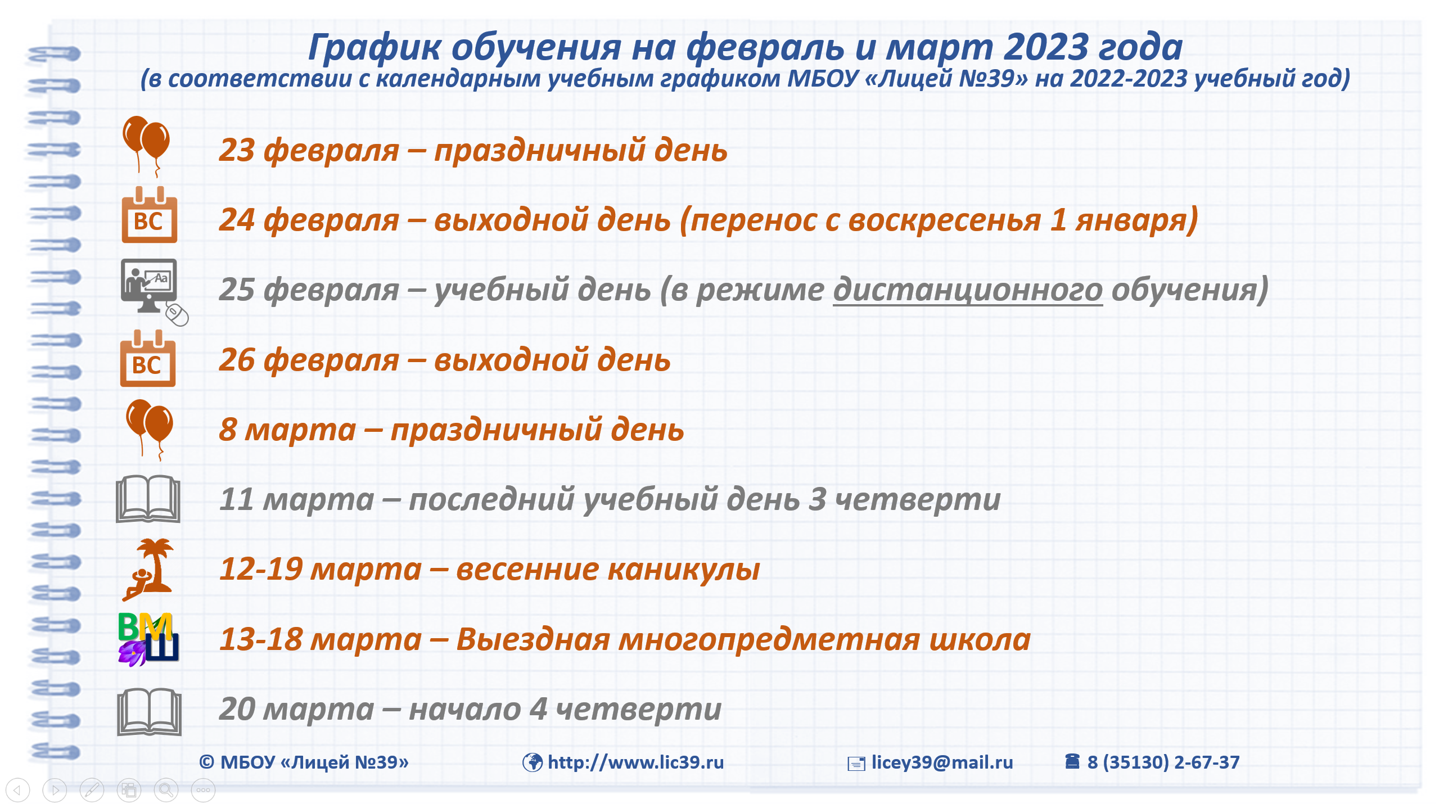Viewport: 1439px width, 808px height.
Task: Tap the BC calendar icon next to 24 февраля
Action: click(150, 215)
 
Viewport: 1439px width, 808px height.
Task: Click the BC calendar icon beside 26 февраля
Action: click(148, 358)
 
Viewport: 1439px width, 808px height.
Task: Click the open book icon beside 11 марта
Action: click(148, 499)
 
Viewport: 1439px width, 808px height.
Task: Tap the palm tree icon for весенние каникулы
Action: click(148, 570)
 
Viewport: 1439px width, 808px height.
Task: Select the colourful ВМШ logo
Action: click(148, 639)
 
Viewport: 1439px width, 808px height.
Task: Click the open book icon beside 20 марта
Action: click(149, 712)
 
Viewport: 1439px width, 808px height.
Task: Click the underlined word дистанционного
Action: click(967, 290)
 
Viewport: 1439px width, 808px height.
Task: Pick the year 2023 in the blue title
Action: click(1046, 47)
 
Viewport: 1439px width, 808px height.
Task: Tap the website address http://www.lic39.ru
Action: click(635, 762)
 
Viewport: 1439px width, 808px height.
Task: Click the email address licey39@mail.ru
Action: click(942, 762)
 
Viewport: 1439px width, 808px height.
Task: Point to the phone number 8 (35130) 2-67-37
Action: click(1163, 762)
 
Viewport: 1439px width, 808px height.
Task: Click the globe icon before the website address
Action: click(532, 762)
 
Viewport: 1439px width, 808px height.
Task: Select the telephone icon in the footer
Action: click(1072, 761)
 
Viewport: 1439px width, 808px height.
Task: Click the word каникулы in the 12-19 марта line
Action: click(684, 570)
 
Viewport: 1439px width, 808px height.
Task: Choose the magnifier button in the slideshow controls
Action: click(166, 790)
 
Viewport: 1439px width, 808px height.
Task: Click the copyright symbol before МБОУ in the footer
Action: click(206, 762)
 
